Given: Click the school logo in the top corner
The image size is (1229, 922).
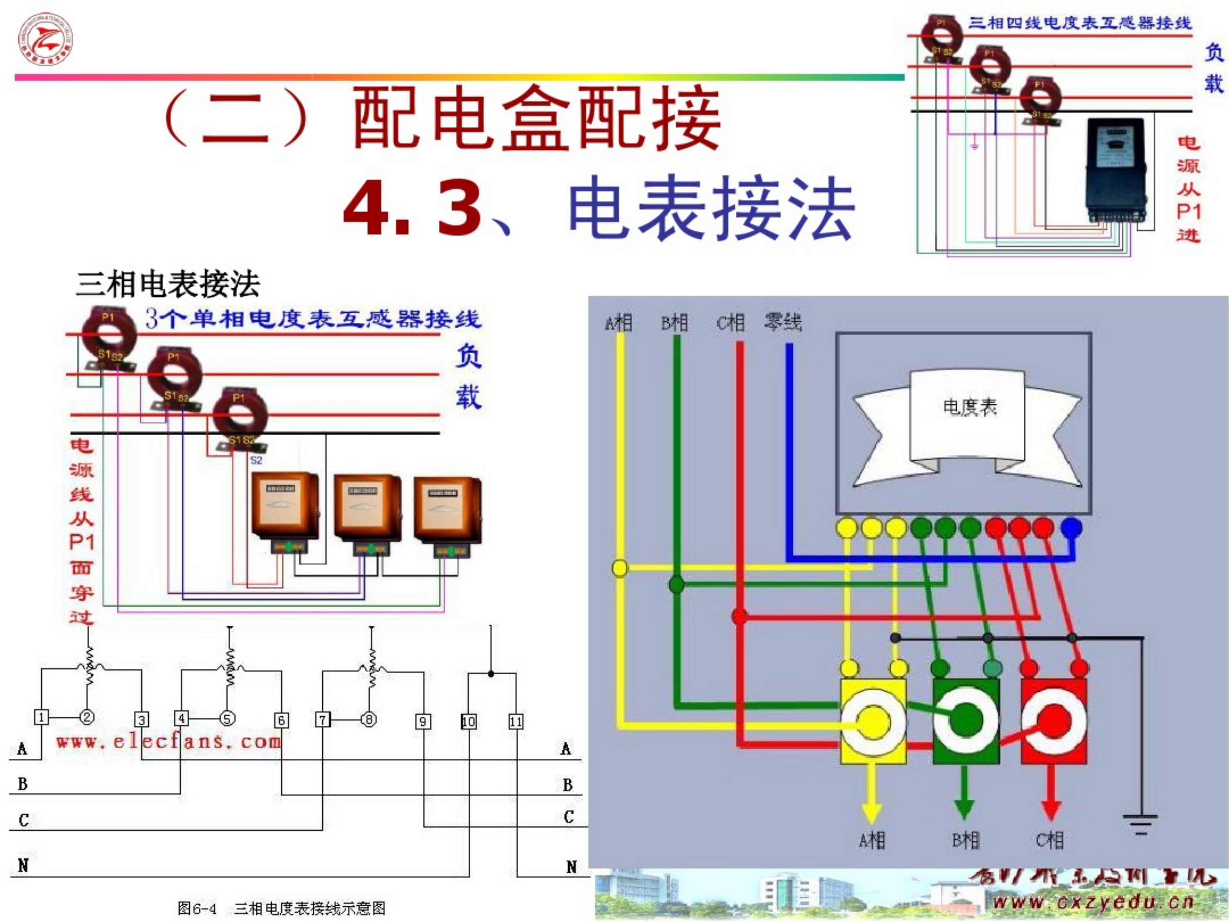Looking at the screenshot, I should coord(45,39).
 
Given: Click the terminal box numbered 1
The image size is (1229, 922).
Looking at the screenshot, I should coord(41,717).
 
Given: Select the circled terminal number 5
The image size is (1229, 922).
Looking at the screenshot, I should coord(227,718).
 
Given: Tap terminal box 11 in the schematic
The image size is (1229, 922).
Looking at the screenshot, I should coord(516,721).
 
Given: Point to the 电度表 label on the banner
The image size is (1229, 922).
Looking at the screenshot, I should coord(970,407).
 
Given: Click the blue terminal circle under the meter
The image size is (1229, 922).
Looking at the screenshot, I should coord(1071,527).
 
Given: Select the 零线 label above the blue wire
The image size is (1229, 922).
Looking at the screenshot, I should coord(783,322).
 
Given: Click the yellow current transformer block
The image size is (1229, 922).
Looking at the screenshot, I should coord(872,721).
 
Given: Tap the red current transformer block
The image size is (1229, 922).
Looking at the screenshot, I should coord(1053,721).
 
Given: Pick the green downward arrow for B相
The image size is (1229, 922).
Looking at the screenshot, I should coord(964,795).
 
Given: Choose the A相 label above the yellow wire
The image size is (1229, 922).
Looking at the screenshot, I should coord(618,323).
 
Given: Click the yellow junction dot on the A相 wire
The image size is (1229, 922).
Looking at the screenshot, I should coord(619,568).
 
